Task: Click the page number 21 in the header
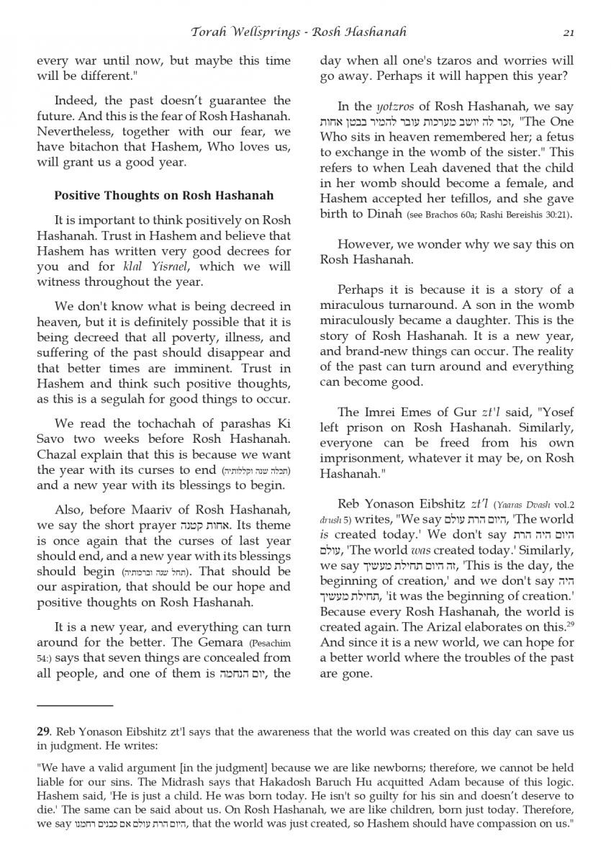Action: click(568, 32)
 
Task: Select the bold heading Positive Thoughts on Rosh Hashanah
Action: click(163, 195)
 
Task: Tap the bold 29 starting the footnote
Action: click(43, 732)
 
